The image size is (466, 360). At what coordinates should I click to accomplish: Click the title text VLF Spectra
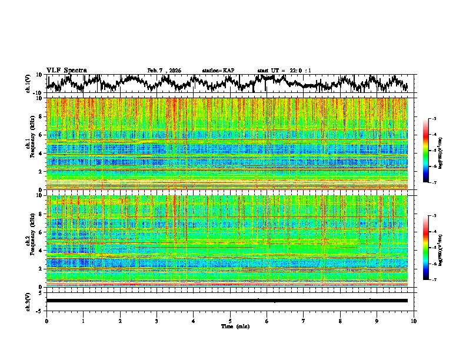(66, 70)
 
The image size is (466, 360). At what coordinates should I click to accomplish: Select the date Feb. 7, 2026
(164, 71)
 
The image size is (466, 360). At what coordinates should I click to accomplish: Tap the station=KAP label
(218, 71)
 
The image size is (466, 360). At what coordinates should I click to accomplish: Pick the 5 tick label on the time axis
(230, 321)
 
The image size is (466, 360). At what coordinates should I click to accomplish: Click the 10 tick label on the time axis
(414, 321)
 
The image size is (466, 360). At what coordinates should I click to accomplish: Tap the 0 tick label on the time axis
(46, 321)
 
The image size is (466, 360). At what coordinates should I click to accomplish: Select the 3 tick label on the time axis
(157, 321)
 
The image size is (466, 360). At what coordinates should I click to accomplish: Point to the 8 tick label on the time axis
(340, 321)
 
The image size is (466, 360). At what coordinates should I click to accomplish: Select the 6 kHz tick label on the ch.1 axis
(41, 135)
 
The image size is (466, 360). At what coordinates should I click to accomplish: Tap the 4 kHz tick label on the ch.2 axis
(41, 251)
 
